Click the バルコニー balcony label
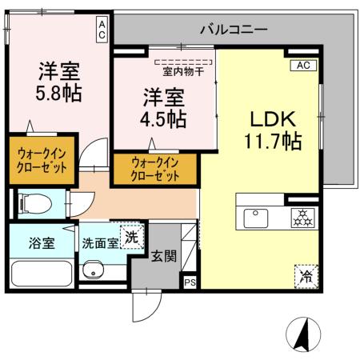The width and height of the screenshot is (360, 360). (234, 30)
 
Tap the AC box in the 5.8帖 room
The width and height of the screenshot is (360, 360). (103, 30)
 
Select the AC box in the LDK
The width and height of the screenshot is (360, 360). (303, 66)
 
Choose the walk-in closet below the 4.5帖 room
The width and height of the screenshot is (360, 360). (154, 169)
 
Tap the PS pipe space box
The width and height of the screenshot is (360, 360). (190, 282)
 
